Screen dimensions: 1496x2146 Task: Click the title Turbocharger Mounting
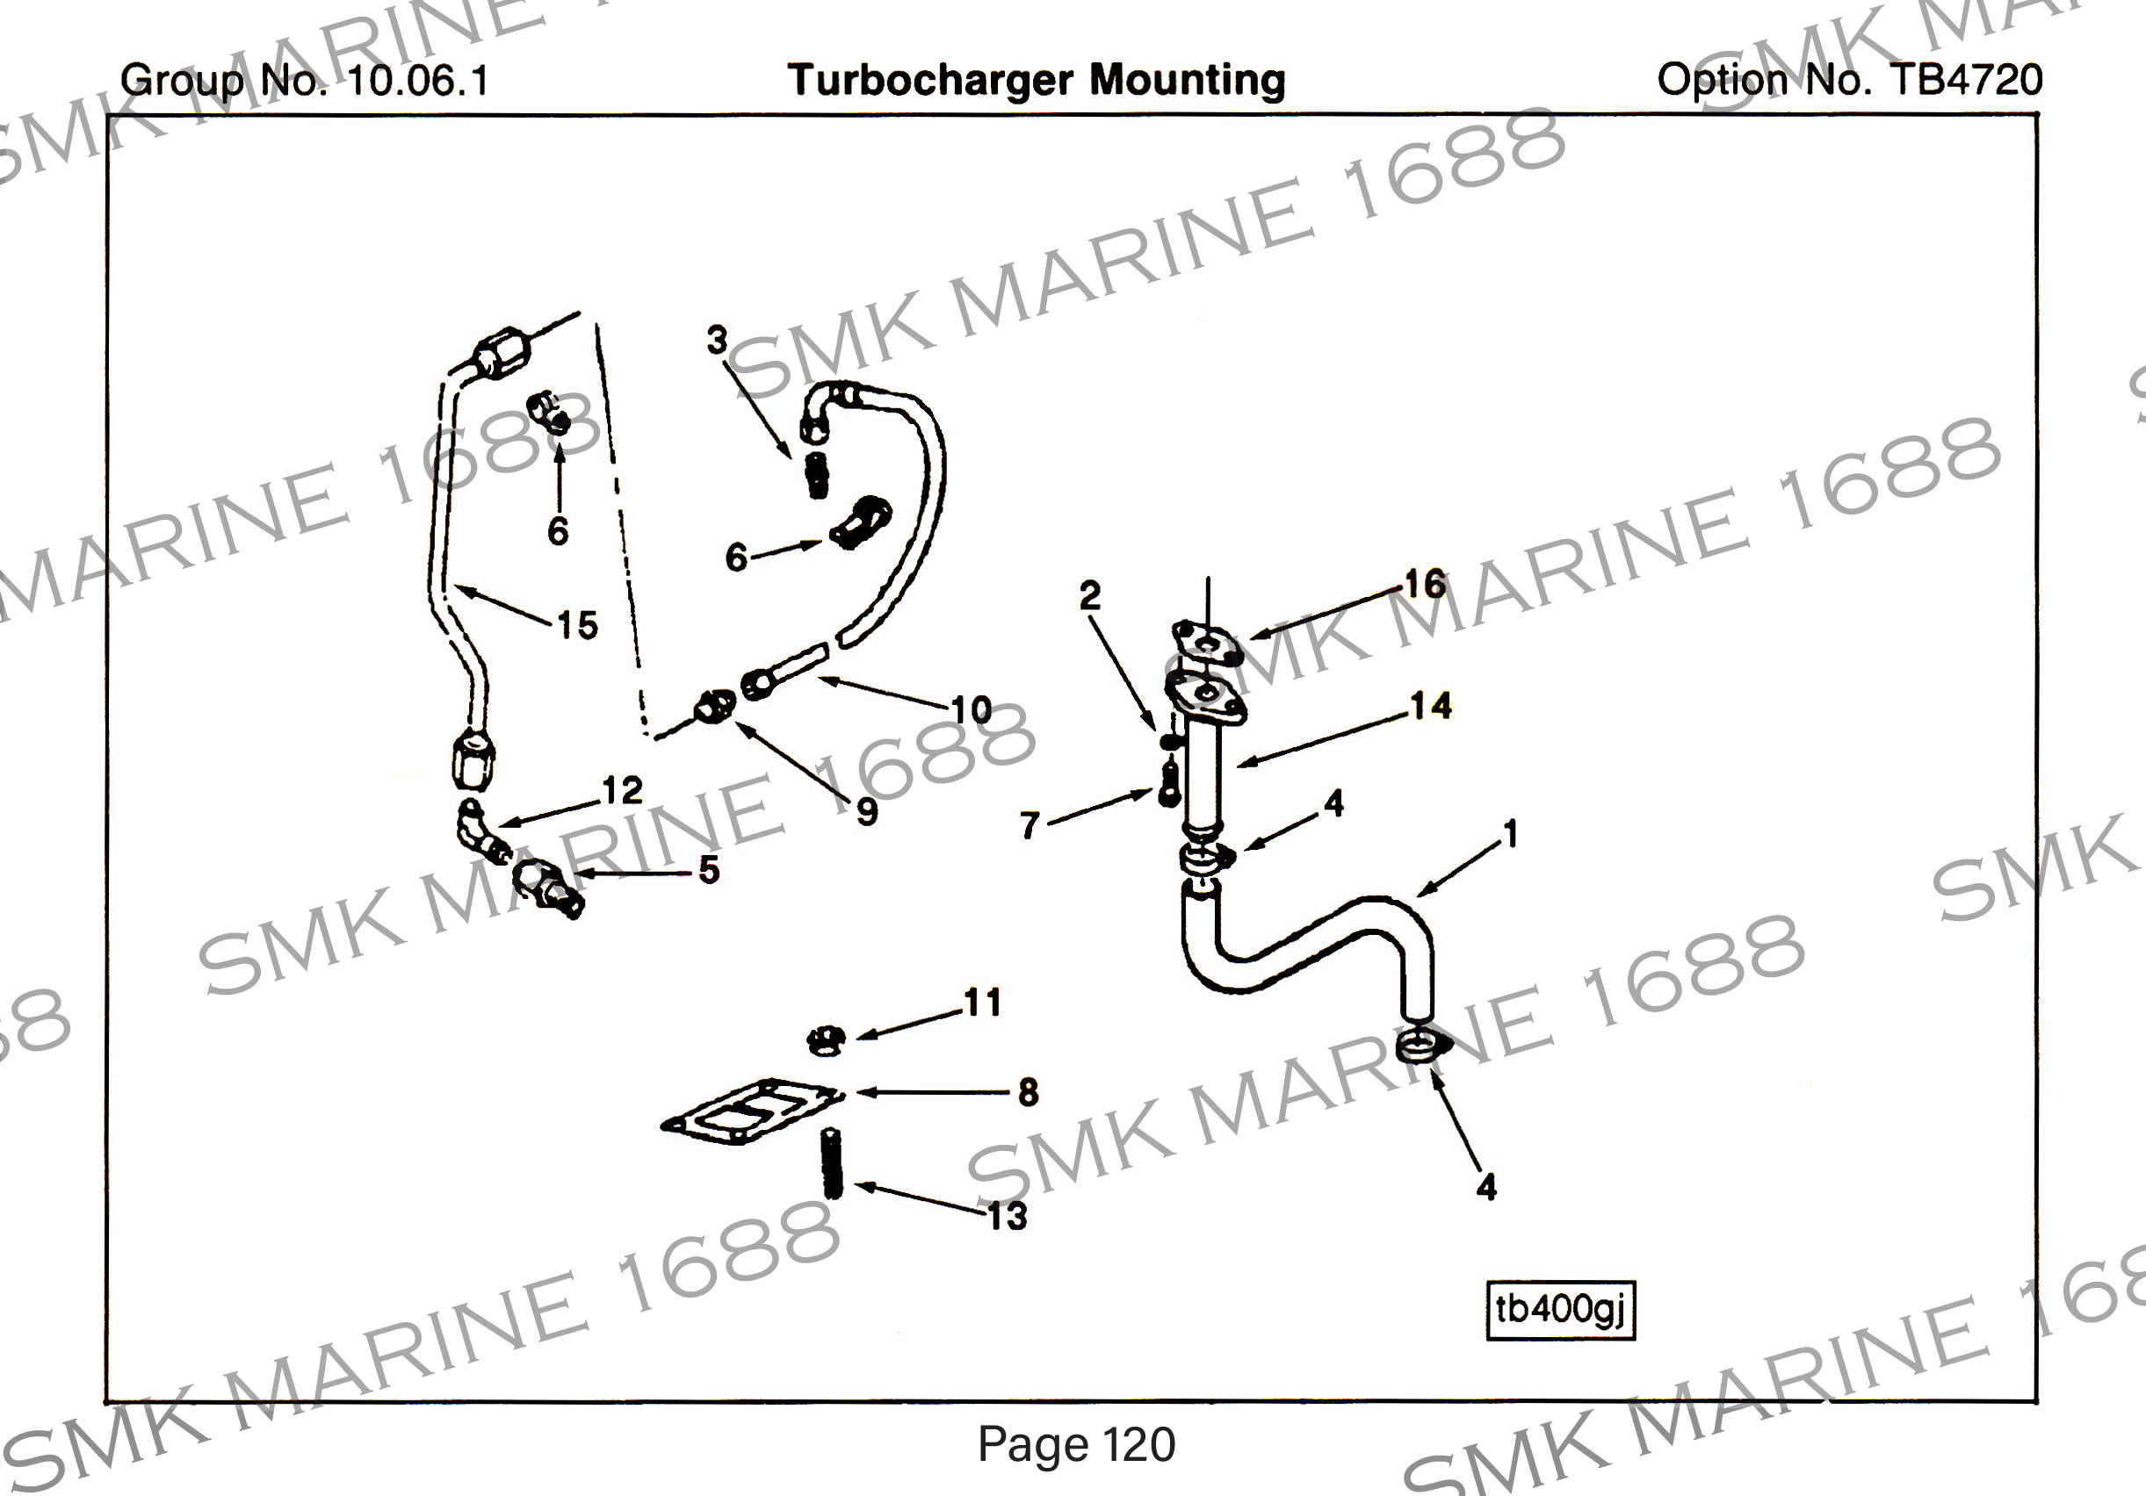[1036, 81]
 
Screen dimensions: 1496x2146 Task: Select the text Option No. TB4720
[1849, 81]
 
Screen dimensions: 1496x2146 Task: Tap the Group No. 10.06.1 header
[305, 81]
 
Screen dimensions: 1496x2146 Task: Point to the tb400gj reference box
[1560, 1310]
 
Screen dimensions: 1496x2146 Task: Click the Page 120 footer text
[1076, 1444]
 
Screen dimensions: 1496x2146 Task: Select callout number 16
[1426, 584]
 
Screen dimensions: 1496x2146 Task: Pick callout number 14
[1430, 706]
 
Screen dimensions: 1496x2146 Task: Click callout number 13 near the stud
[1008, 1217]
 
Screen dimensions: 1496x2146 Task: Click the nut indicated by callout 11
[827, 1039]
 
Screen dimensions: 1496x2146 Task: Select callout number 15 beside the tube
[578, 625]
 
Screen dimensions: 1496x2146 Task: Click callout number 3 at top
[717, 340]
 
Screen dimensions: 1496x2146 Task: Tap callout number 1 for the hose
[1509, 833]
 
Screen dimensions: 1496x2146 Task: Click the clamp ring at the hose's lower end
[1420, 1046]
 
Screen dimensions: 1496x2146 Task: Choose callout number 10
[972, 710]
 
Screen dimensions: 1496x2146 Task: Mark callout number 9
[866, 811]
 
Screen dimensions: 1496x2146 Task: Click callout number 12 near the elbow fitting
[623, 790]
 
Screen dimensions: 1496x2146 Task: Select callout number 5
[709, 870]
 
